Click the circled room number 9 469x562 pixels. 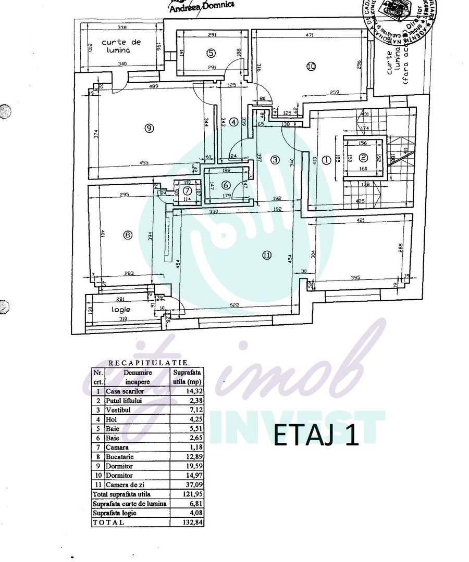(150, 128)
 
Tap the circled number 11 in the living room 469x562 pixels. (267, 255)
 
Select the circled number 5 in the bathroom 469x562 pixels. (211, 53)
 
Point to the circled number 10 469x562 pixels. (311, 66)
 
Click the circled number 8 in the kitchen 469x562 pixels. (128, 235)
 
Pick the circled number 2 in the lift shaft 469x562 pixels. (364, 158)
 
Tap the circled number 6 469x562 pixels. (226, 185)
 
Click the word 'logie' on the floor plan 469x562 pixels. (120, 309)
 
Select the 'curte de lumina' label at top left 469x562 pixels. (121, 46)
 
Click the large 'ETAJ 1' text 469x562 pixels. (316, 436)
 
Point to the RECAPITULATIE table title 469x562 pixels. (148, 363)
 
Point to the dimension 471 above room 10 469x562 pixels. (309, 35)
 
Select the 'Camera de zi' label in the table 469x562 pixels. (126, 484)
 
